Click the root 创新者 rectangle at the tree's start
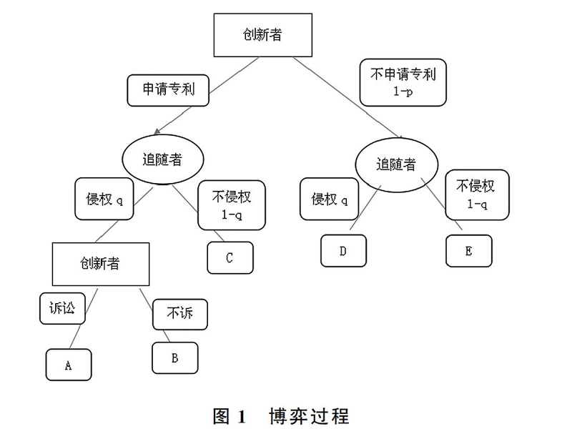click(262, 35)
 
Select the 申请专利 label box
click(168, 91)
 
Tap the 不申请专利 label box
click(403, 82)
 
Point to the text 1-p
click(403, 92)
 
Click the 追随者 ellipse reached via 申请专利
click(162, 159)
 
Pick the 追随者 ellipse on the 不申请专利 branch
click(396, 164)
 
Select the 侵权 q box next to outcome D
click(329, 199)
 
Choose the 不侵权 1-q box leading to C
click(232, 205)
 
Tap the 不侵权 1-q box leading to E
click(477, 194)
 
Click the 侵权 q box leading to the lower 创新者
click(104, 199)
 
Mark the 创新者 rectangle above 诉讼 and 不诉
click(101, 264)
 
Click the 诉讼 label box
click(62, 308)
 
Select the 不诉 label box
click(180, 314)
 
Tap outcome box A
click(69, 365)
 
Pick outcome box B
click(175, 358)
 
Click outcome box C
click(230, 257)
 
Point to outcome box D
click(343, 251)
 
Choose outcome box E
click(469, 251)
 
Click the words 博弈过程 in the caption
click(310, 416)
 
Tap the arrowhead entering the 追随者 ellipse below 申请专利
click(157, 132)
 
